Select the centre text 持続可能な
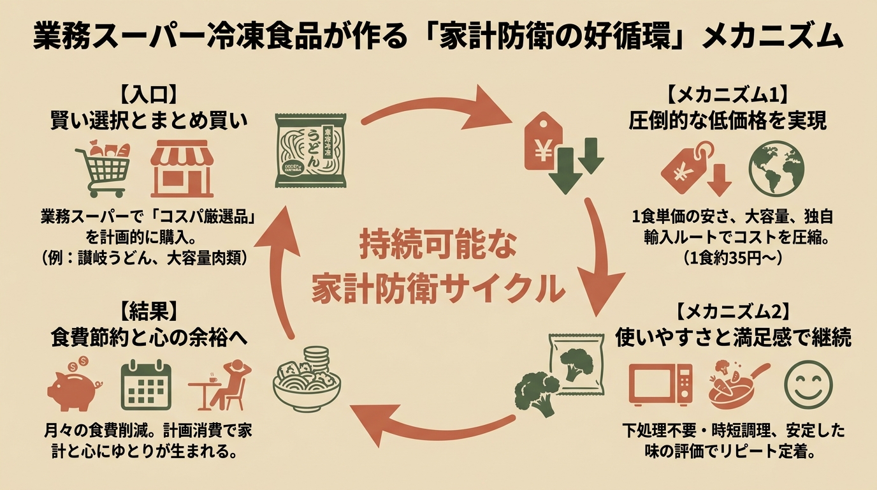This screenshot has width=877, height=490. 438,246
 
